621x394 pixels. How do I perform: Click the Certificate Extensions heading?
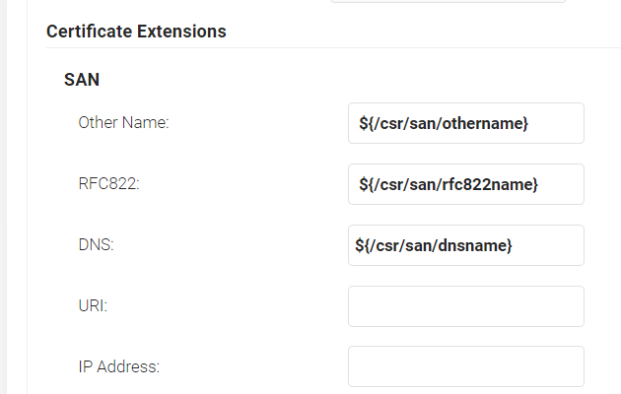[136, 32]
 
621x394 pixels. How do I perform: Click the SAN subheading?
[82, 80]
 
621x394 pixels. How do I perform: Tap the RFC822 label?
[108, 184]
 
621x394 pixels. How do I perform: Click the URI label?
[93, 305]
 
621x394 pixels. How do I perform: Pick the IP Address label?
[118, 366]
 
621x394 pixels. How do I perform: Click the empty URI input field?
[465, 306]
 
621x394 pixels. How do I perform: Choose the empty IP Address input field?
[465, 366]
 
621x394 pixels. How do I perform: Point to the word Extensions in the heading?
[182, 32]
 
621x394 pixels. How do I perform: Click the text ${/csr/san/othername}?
[444, 123]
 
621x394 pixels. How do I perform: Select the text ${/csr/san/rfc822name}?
[448, 184]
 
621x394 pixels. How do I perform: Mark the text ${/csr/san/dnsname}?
[434, 245]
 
